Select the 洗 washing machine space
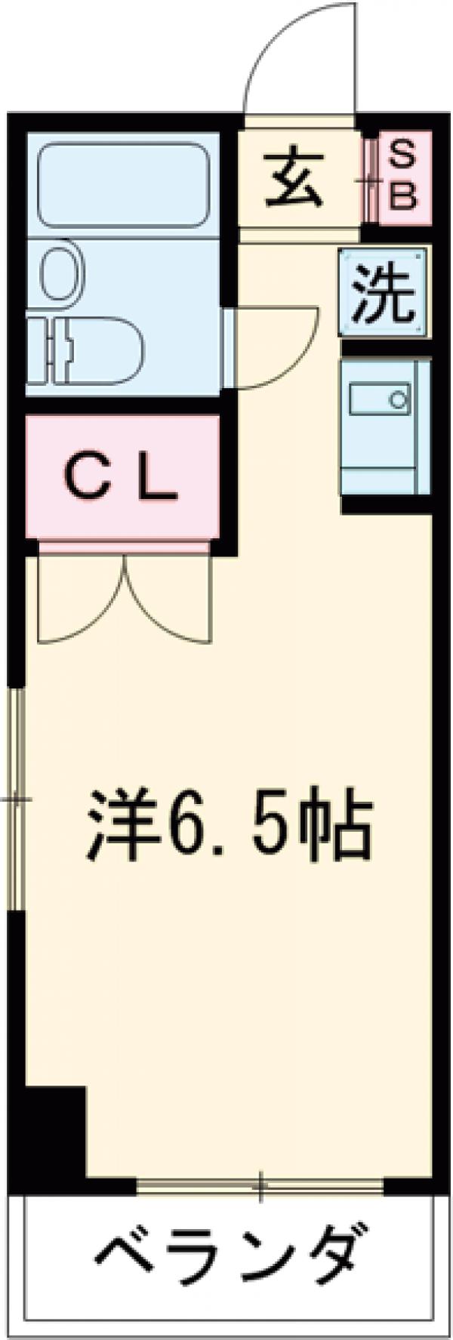pos(384,291)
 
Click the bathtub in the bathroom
pos(124,184)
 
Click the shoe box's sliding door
pos(369,179)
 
